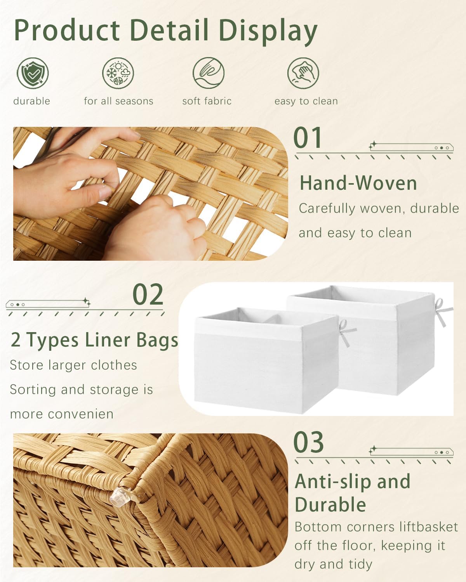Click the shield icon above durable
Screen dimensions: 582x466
point(33,73)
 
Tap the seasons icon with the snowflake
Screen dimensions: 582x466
point(118,73)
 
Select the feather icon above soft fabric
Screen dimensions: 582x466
point(209,73)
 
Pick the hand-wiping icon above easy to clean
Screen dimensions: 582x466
point(303,73)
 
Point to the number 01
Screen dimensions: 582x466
point(308,138)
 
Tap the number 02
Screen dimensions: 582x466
point(148,295)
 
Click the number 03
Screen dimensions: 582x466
point(308,442)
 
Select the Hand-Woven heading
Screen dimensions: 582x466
point(358,183)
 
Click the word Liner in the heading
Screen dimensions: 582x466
point(103,340)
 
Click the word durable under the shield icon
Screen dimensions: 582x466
point(32,101)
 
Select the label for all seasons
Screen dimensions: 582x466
point(118,101)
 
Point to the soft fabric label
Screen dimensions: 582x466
point(207,101)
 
